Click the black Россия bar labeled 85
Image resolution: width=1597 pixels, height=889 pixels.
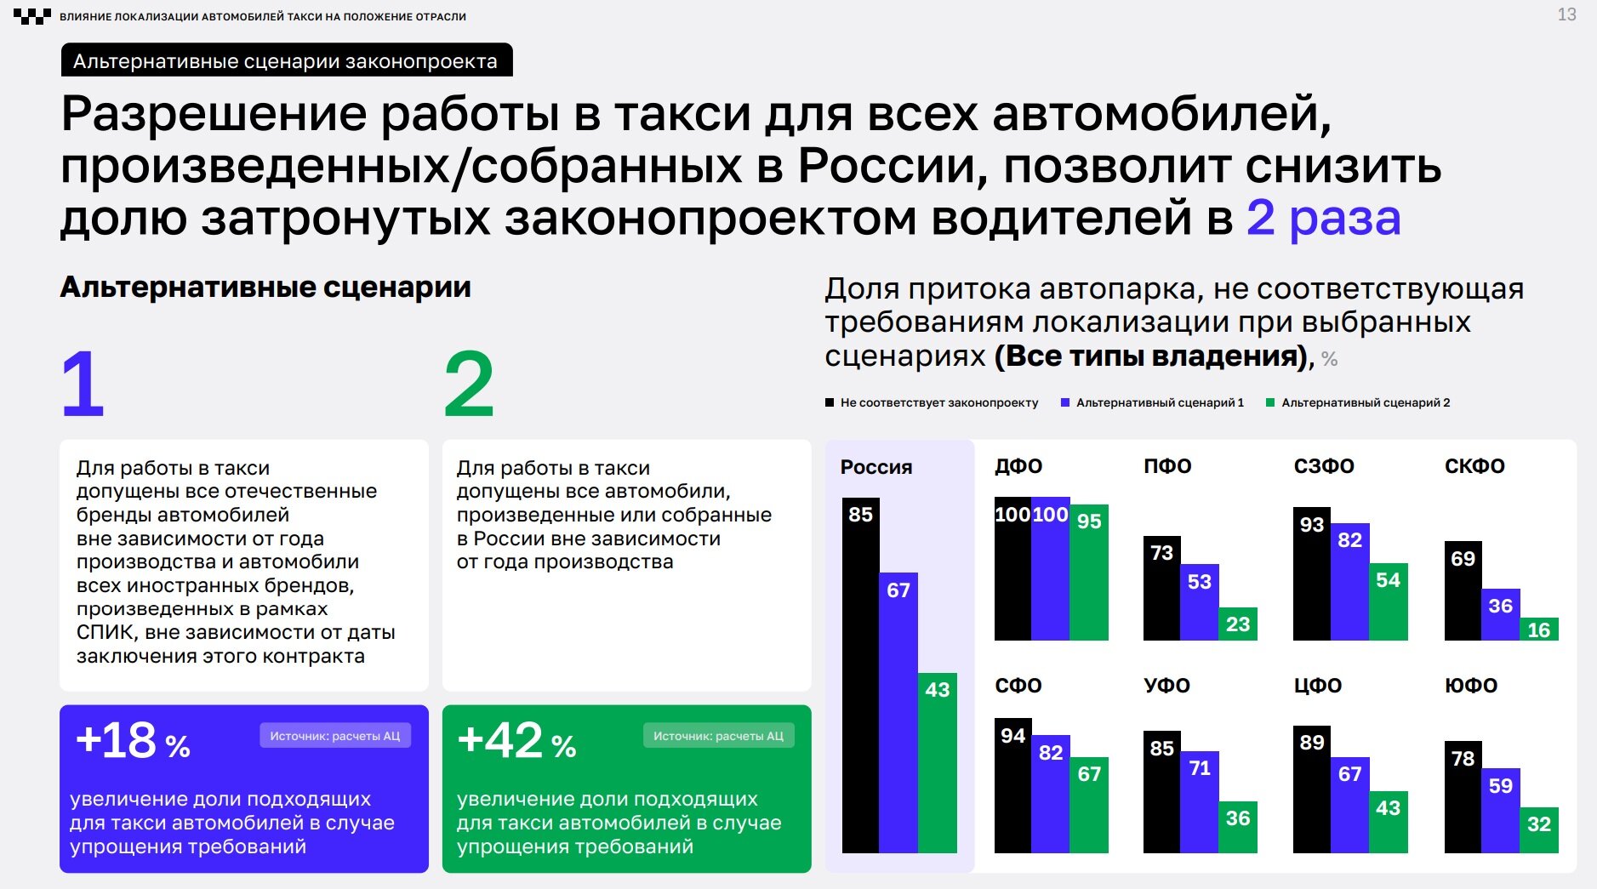coord(860,675)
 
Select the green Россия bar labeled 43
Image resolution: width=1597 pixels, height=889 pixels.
coord(937,763)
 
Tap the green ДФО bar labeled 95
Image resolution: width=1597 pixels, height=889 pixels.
coord(1089,573)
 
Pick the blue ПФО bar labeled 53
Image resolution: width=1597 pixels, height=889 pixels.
coord(1200,602)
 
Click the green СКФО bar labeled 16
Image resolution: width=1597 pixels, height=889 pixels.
coord(1539,629)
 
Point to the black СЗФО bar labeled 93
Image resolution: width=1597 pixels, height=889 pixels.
coord(1312,574)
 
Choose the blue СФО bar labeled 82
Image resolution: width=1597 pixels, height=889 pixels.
coord(1051,795)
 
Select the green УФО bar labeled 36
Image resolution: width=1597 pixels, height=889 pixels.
coord(1238,828)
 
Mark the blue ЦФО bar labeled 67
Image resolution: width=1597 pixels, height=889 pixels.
coord(1350,806)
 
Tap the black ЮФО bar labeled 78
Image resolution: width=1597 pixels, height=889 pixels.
coord(1463,797)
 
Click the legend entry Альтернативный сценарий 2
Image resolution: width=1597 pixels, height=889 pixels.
coord(1358,402)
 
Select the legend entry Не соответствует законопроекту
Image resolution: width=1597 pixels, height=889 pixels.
coord(932,402)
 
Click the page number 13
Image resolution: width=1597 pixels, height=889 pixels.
coord(1566,14)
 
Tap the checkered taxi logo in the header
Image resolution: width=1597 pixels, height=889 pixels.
coord(31,16)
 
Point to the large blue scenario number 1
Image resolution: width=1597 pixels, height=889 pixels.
coord(83,384)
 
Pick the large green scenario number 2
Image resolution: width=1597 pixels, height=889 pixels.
coord(468,384)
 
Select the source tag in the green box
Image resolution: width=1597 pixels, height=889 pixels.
coord(718,736)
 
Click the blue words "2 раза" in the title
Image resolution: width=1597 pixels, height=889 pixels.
coord(1323,218)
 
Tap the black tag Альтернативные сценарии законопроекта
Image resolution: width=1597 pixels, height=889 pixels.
coord(287,60)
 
